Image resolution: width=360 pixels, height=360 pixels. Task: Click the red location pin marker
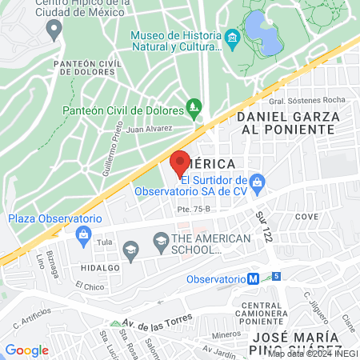(180, 162)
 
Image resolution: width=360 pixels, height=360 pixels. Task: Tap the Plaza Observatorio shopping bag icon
(82, 234)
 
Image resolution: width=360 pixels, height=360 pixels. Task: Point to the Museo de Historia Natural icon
(232, 38)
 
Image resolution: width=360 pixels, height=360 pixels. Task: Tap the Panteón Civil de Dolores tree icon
(193, 106)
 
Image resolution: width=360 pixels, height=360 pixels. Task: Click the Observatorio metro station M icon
(252, 279)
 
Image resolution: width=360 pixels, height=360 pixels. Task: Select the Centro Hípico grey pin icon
(54, 30)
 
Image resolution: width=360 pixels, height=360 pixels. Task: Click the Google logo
(26, 350)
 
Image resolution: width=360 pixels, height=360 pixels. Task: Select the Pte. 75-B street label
(194, 210)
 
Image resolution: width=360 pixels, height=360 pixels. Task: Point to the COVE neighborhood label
(306, 216)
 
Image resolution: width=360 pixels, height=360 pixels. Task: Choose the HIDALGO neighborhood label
(99, 269)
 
